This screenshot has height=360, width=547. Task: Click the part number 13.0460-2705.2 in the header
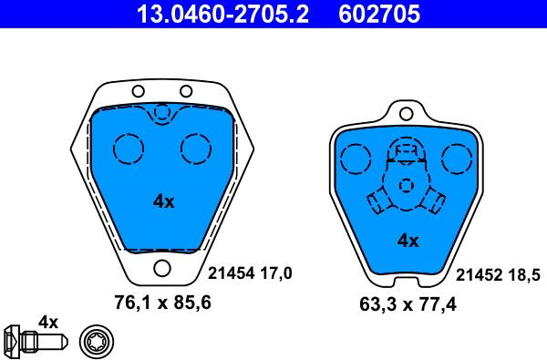pos(222,14)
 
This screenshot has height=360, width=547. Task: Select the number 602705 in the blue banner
pos(379,14)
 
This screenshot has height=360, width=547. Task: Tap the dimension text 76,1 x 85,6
pos(162,303)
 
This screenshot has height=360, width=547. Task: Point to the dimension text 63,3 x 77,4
pos(408,304)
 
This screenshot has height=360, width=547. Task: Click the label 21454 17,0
pos(250,273)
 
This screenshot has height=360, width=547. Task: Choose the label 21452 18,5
pos(498,275)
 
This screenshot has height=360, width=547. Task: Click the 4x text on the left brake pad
pos(163,201)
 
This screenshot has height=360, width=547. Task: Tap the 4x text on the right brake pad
pos(408,241)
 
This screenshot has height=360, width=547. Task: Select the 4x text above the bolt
pos(48,323)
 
